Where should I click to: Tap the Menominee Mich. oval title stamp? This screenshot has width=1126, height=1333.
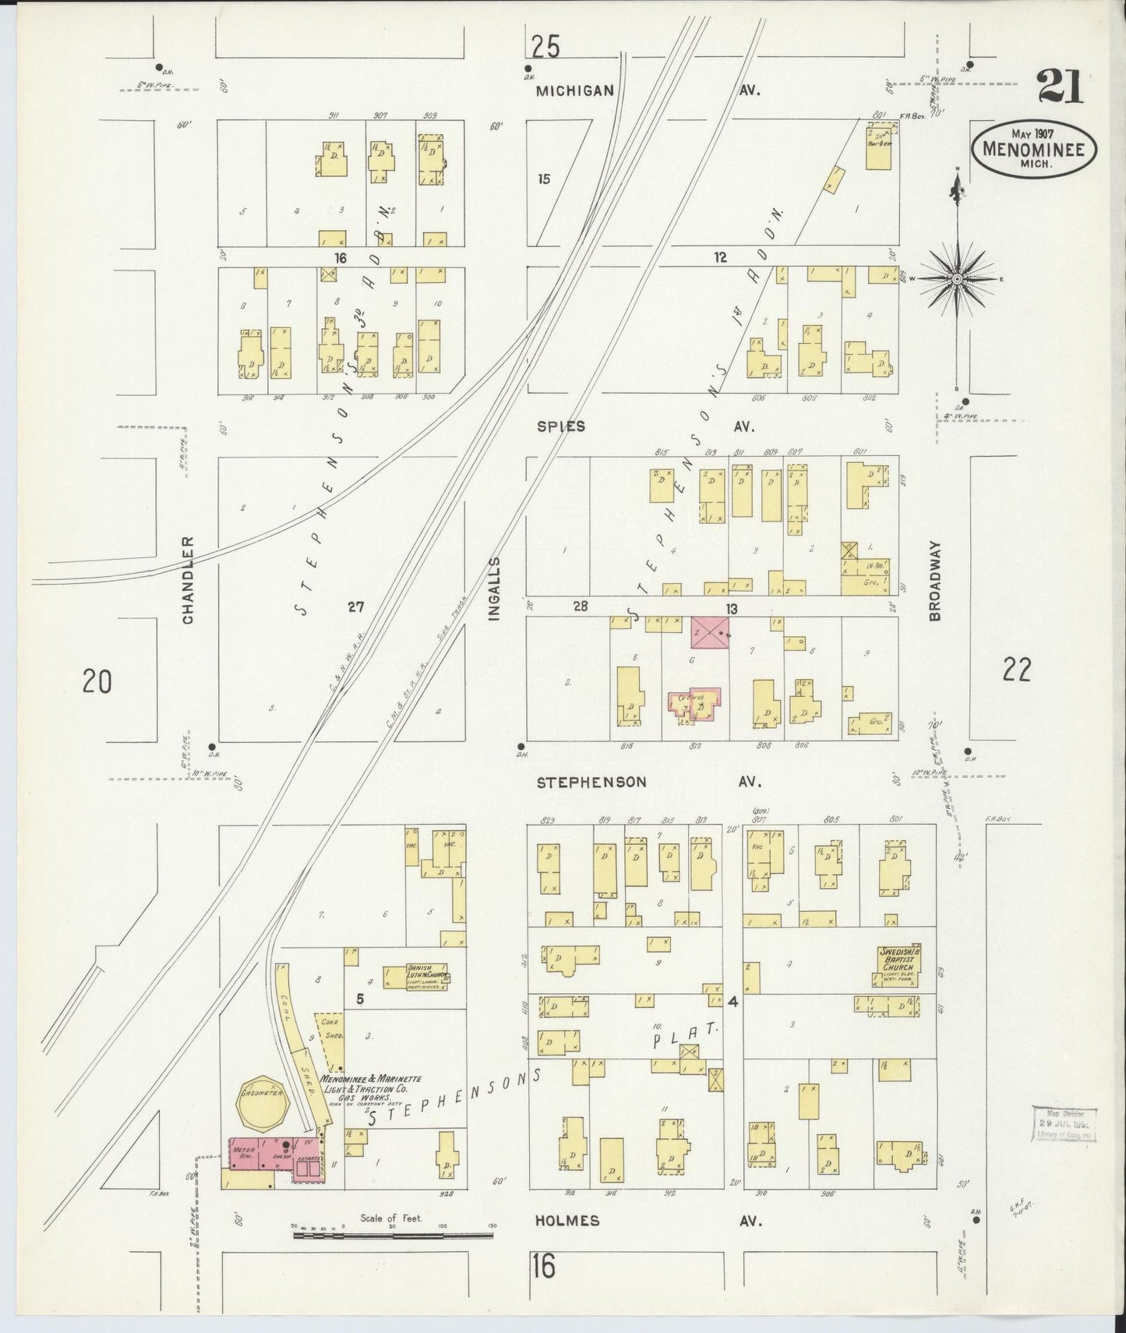(1033, 148)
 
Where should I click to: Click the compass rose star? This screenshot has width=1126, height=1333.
(957, 279)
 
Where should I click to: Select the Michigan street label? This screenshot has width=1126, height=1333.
(574, 91)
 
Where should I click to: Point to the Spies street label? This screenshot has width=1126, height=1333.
(560, 426)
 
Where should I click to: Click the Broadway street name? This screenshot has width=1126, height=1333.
(934, 581)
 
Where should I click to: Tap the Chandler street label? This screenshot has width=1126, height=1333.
(188, 579)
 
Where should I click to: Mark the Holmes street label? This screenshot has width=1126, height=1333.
(567, 1221)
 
